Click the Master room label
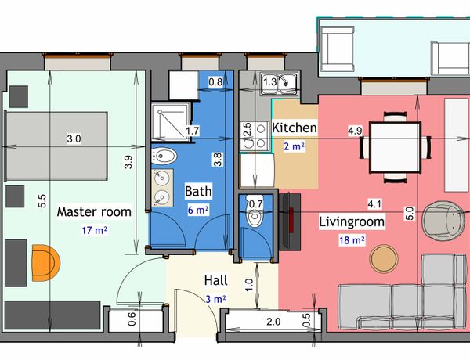(94, 212)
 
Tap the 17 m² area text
(95, 231)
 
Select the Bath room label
(198, 192)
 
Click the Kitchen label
(295, 128)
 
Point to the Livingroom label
(352, 222)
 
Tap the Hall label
(216, 281)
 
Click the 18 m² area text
(352, 240)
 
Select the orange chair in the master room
(45, 263)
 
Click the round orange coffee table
(384, 258)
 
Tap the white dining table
(396, 147)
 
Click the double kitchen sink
(280, 84)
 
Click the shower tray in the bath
(170, 121)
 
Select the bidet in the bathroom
(164, 156)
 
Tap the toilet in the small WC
(255, 215)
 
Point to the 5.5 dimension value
(42, 201)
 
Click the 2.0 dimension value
(273, 322)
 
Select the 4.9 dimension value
(355, 131)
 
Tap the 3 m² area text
(216, 299)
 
